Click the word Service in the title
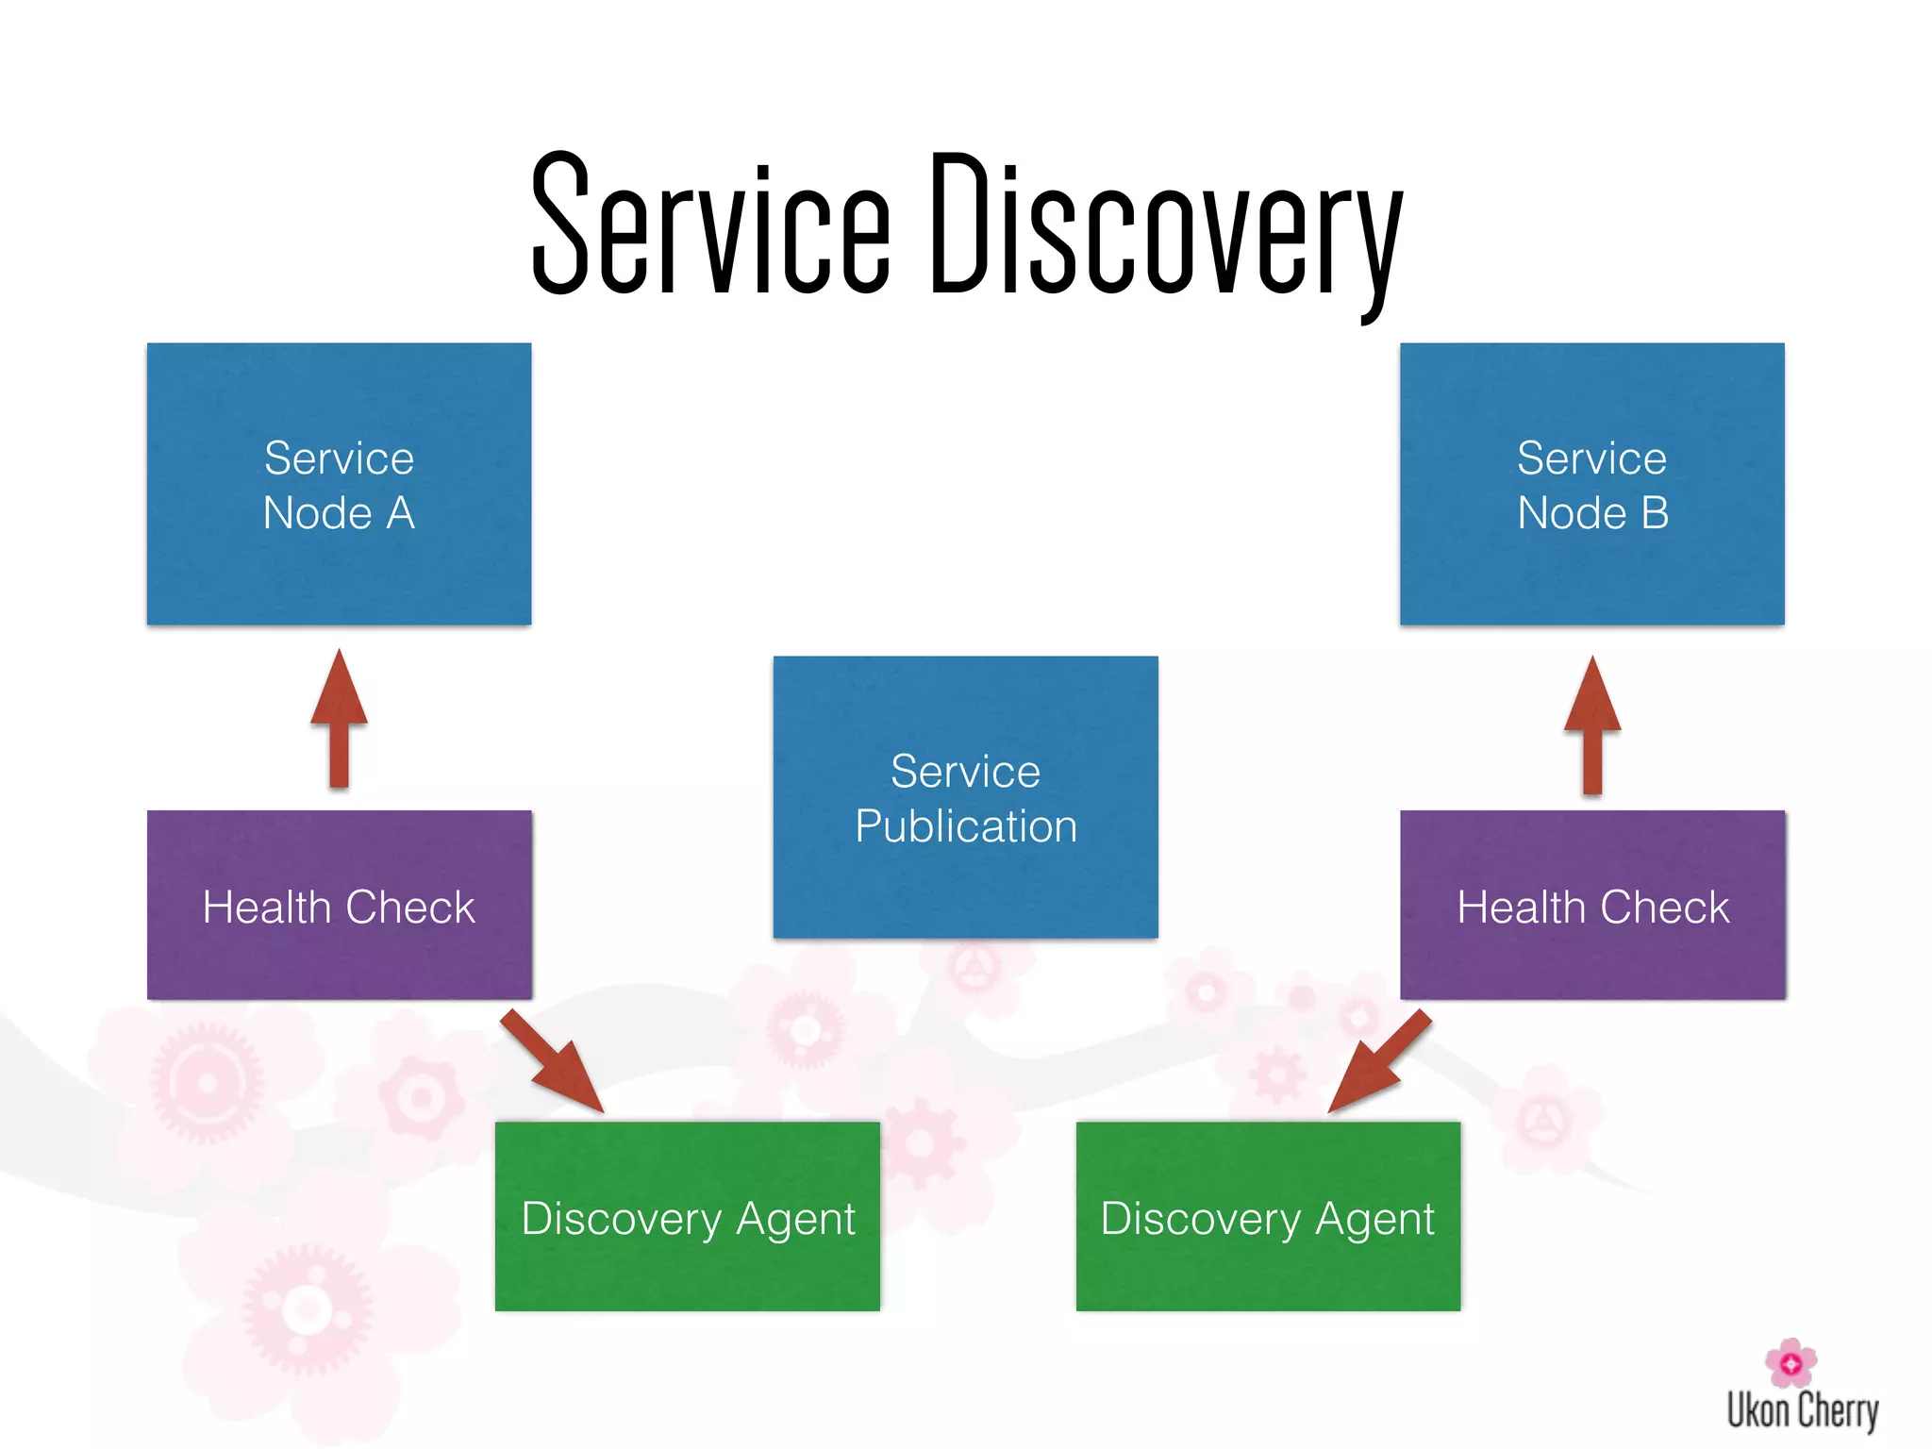pos(709,226)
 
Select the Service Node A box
pos(339,483)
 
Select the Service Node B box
pos(1591,483)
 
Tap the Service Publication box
pos(965,797)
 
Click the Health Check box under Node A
pos(339,905)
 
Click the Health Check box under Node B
pos(1592,905)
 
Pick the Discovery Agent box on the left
pos(687,1216)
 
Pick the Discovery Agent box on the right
pos(1268,1216)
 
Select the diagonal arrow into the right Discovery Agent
pos(1379,1061)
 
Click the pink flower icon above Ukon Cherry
pos(1790,1362)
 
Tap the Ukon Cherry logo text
pos(1802,1411)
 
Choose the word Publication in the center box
pos(965,826)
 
